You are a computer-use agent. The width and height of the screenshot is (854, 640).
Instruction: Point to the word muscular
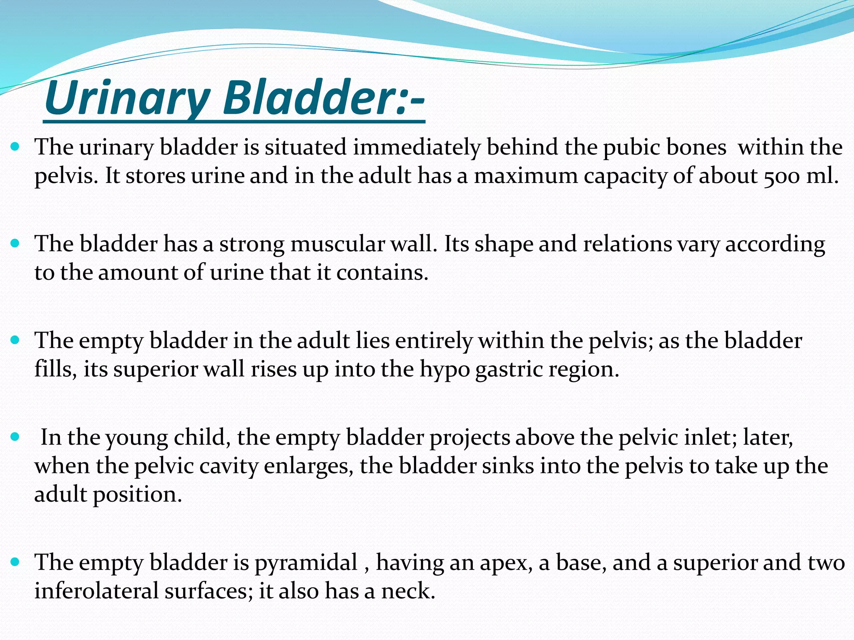pyautogui.click(x=337, y=244)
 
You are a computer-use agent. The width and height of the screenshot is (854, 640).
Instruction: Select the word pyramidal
pyautogui.click(x=306, y=562)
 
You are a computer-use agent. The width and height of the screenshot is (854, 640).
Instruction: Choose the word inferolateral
pyautogui.click(x=96, y=591)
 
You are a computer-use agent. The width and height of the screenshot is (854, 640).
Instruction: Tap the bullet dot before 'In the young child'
pyautogui.click(x=15, y=437)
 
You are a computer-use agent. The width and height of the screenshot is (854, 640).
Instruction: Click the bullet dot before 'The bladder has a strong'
pyautogui.click(x=15, y=243)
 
